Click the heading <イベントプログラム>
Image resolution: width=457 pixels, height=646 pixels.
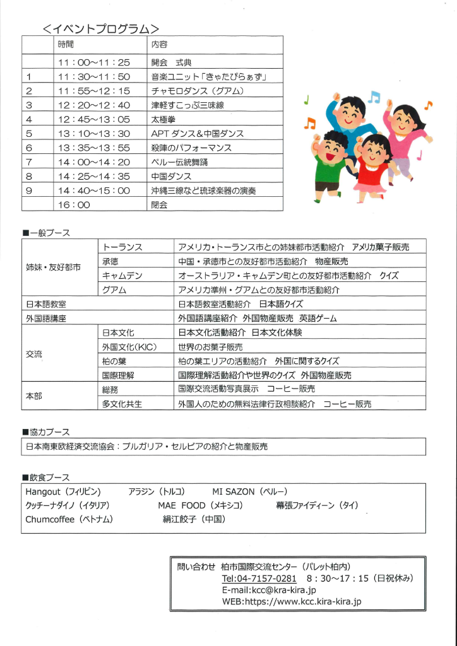(100, 28)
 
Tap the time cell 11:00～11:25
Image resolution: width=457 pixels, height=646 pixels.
(93, 62)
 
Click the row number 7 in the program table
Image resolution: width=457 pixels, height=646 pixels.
(29, 162)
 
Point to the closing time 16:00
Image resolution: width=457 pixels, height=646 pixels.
(74, 204)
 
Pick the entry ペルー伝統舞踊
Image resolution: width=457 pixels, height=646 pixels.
(179, 162)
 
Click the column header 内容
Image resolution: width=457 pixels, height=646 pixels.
(159, 45)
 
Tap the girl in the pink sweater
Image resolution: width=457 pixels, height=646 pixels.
(405, 132)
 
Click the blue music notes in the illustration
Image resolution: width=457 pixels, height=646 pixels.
(374, 97)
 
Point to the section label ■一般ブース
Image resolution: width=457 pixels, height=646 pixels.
(46, 233)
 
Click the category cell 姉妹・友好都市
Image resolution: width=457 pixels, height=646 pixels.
(53, 267)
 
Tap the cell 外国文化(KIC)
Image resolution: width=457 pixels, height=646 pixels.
(129, 347)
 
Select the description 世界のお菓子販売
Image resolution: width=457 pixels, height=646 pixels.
(210, 347)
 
